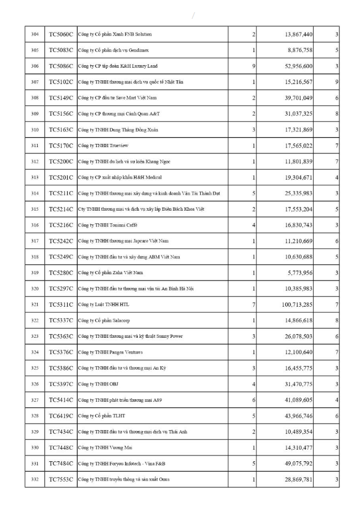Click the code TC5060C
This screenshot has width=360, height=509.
pyautogui.click(x=61, y=34)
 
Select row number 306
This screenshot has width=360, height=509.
pyautogui.click(x=35, y=66)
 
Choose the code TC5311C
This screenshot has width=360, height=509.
pyautogui.click(x=61, y=304)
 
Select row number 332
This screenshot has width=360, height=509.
pyautogui.click(x=35, y=479)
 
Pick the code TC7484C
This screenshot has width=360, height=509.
pyautogui.click(x=61, y=463)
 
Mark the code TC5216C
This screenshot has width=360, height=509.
pyautogui.click(x=61, y=225)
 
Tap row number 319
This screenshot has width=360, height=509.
pyautogui.click(x=35, y=273)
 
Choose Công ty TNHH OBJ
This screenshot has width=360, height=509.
pyautogui.click(x=96, y=384)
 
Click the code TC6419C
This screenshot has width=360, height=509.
pyautogui.click(x=61, y=415)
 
